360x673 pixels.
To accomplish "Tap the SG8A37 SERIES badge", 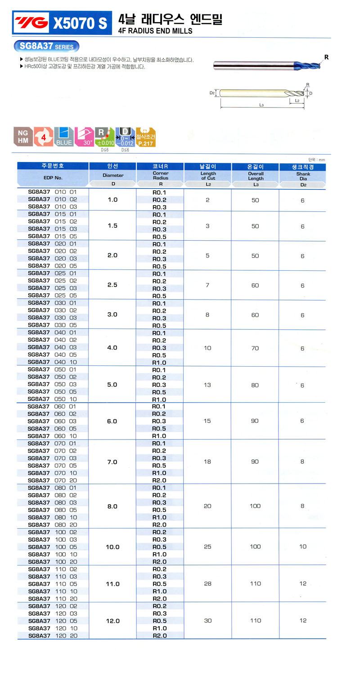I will coord(46,46).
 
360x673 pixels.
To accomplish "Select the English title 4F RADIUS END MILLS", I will coord(155,31).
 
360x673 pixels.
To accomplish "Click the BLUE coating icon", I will coord(64,136).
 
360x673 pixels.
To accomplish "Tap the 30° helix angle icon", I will coord(85,136).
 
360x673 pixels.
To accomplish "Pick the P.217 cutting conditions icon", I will coord(145,136).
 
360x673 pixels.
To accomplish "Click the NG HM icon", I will coord(22,136).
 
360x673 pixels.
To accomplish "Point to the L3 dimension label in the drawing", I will coord(261,105).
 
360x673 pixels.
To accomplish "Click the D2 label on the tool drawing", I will coord(212,93).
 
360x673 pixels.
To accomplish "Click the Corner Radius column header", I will coord(160,175).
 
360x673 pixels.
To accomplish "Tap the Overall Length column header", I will coord(256,175).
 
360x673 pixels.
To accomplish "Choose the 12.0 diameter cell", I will coord(112,621).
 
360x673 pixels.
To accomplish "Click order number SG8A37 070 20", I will coord(53,480).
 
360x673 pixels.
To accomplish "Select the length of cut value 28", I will coord(207,583).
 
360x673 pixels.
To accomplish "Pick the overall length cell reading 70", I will coord(255,348).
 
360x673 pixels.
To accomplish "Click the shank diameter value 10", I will coord(302,547).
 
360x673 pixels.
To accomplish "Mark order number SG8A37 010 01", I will coord(53,192).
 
